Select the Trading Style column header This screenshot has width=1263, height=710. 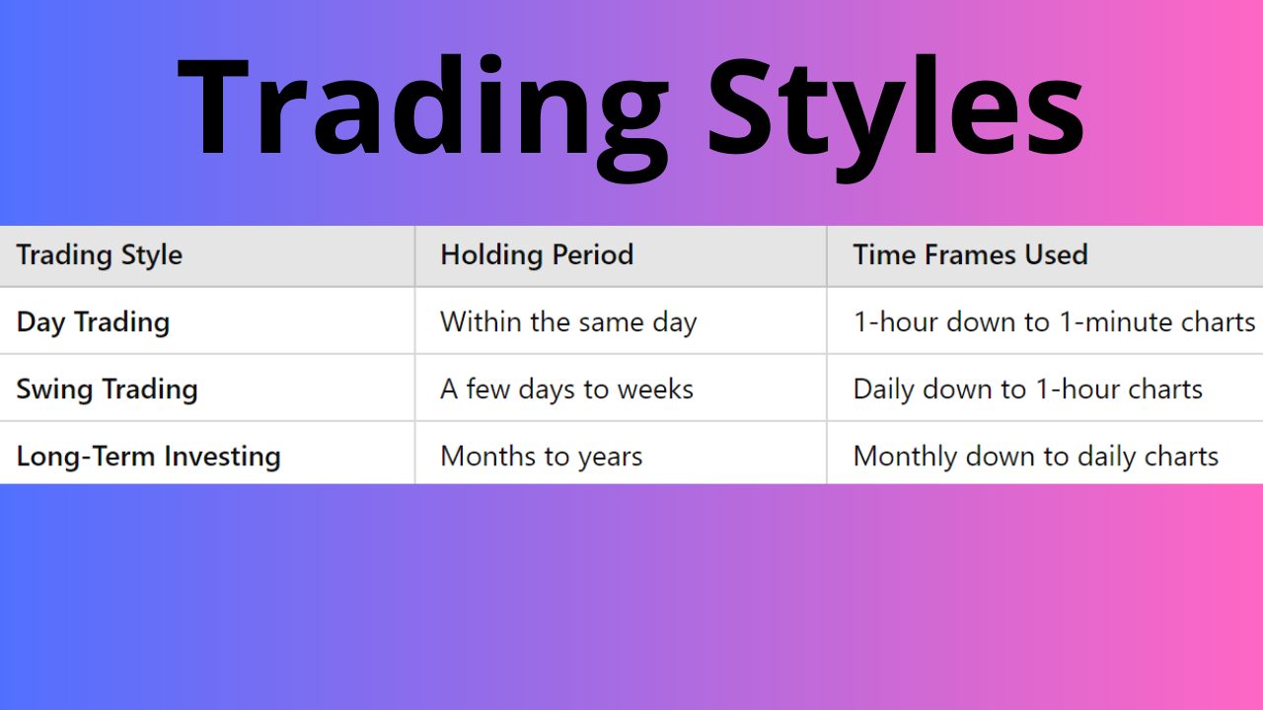(x=100, y=255)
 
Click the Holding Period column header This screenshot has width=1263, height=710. (x=537, y=255)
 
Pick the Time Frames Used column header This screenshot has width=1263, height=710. (x=970, y=255)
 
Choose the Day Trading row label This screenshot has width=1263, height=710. (x=94, y=322)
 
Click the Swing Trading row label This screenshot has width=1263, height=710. (x=108, y=390)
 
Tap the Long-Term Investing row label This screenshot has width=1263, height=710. (x=149, y=457)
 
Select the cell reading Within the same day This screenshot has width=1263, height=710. (x=568, y=322)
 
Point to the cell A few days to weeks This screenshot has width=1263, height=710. (x=566, y=390)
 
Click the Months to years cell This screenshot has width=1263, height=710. (x=541, y=457)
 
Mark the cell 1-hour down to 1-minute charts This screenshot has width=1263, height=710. (x=1054, y=322)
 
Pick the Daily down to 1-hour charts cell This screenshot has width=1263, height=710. (x=1027, y=390)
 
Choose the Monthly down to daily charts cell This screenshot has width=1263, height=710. (x=1035, y=457)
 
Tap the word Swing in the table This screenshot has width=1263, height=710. (x=47, y=390)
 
